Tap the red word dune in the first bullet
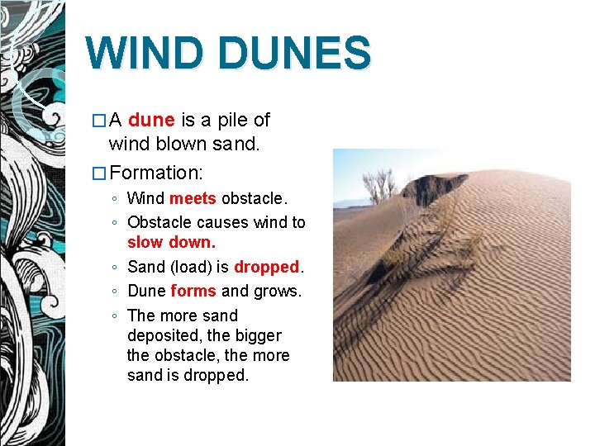click(x=151, y=121)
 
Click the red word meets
click(x=193, y=199)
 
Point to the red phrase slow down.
click(x=171, y=243)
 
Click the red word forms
click(x=193, y=292)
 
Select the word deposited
click(x=162, y=336)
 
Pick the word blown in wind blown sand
click(x=173, y=145)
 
